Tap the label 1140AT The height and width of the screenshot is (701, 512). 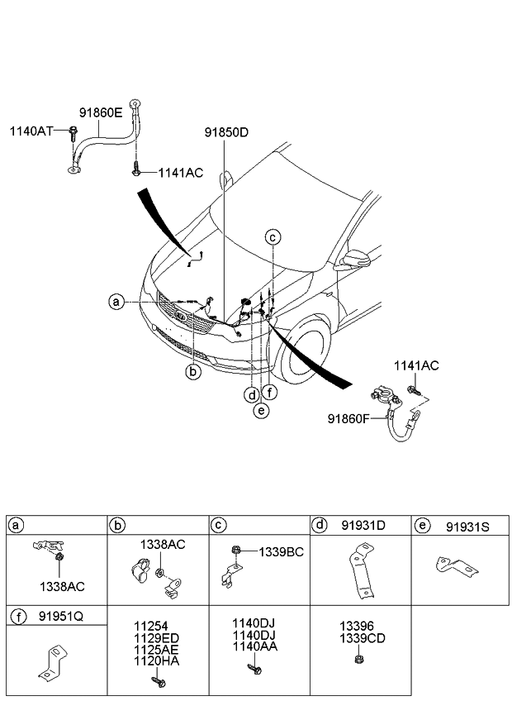pyautogui.click(x=31, y=131)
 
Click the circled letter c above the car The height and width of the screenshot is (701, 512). pyautogui.click(x=273, y=237)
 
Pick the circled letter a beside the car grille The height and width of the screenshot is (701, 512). pyautogui.click(x=116, y=303)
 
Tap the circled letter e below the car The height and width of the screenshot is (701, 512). pyautogui.click(x=261, y=410)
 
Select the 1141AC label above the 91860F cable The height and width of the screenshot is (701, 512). pyautogui.click(x=416, y=365)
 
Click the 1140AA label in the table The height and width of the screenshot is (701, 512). pyautogui.click(x=254, y=647)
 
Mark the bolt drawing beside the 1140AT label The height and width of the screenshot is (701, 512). pyautogui.click(x=73, y=132)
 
